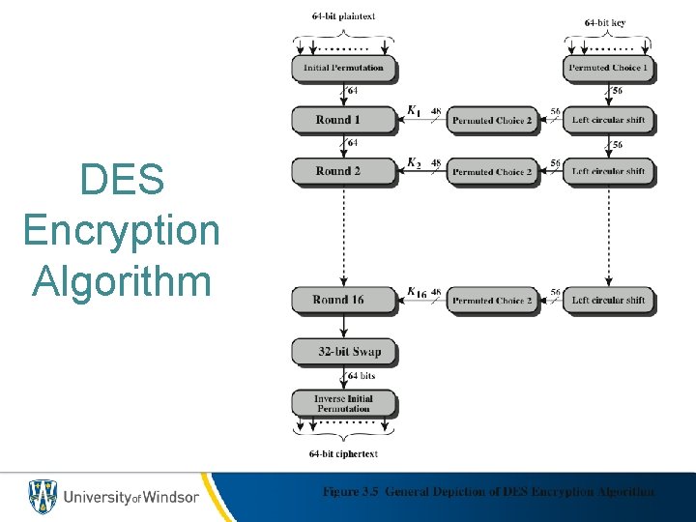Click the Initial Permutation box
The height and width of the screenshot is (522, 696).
[x=343, y=68]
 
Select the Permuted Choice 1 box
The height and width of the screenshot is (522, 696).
[x=608, y=68]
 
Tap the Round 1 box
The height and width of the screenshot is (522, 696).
[x=343, y=120]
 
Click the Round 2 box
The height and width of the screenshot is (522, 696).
[x=343, y=171]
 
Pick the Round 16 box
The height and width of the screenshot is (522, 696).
[x=343, y=300]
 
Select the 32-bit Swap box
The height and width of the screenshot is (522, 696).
[x=343, y=351]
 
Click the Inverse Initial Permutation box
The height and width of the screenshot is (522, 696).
[x=343, y=403]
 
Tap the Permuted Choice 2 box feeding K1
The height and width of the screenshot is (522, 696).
[x=492, y=120]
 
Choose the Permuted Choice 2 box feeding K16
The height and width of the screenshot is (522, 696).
[x=492, y=300]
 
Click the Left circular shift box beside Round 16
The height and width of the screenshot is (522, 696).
[x=608, y=300]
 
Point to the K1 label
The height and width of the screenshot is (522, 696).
[x=413, y=111]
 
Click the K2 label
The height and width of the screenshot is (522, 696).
[x=413, y=162]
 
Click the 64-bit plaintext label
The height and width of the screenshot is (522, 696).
[x=344, y=16]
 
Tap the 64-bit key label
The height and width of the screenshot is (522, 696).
[x=605, y=21]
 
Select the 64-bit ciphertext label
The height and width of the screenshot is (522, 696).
[x=343, y=453]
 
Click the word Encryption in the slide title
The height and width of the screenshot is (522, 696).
[x=121, y=230]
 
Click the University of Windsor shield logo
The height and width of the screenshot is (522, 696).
[x=43, y=496]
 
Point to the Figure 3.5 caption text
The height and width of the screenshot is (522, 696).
[x=488, y=492]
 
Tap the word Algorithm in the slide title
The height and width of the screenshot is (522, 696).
[x=121, y=281]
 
